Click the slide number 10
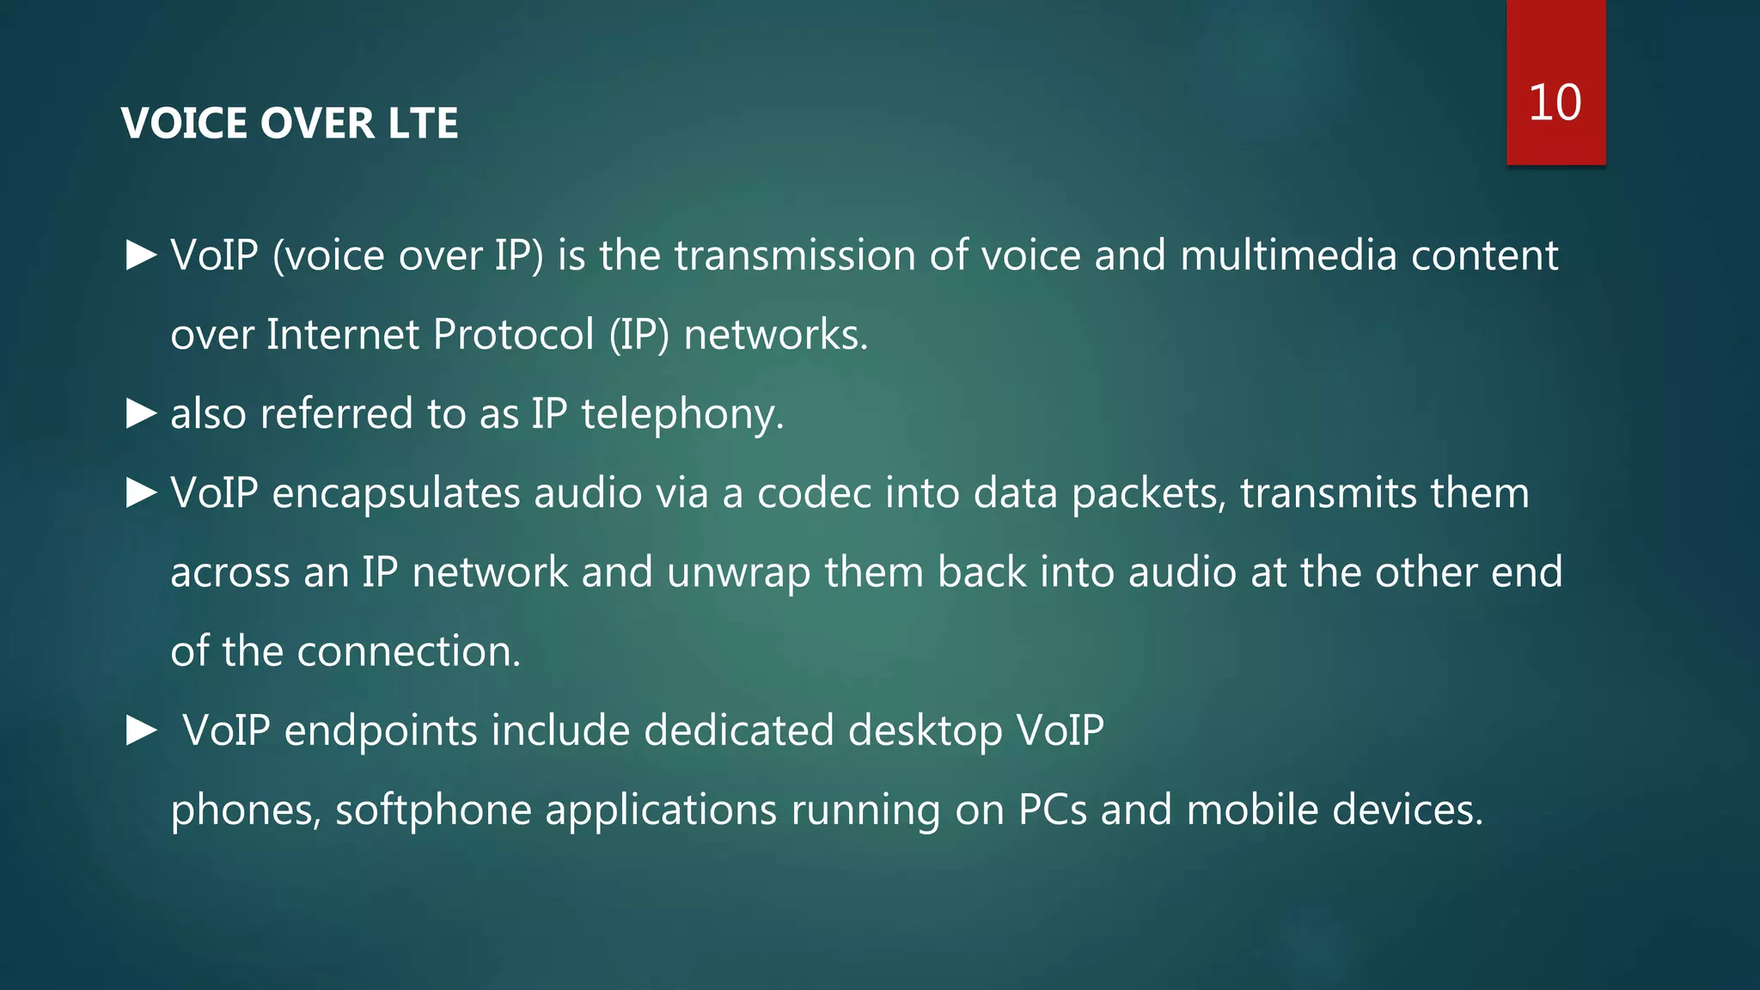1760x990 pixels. pos(1555,103)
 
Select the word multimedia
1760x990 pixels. pos(1288,256)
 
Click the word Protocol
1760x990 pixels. pos(513,335)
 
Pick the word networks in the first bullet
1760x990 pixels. pos(775,335)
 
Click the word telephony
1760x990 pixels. pos(682,415)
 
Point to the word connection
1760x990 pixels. pos(408,652)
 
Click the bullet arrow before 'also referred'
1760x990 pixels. pos(141,414)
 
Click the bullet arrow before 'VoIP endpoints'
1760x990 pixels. pos(141,731)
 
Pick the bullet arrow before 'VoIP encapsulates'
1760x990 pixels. pos(141,493)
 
